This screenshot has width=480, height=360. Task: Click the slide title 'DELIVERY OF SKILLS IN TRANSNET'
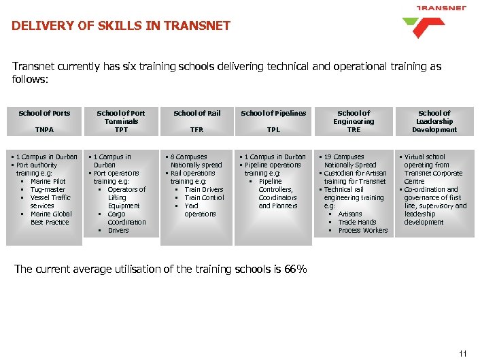[121, 27]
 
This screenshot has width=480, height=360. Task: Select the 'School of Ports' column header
[44, 113]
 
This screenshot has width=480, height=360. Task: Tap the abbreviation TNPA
[44, 129]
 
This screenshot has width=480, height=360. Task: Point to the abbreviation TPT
[120, 129]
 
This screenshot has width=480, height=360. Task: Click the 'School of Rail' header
[197, 113]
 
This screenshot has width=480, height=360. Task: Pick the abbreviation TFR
[197, 129]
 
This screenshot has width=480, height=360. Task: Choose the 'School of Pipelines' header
[273, 113]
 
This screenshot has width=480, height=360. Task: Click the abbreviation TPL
[273, 129]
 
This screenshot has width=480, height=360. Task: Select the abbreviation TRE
[354, 129]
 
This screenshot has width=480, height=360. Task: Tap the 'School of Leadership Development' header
[434, 121]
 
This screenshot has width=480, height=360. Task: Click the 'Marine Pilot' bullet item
[48, 181]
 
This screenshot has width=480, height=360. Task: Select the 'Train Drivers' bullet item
[203, 189]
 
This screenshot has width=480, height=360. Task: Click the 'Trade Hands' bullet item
[357, 222]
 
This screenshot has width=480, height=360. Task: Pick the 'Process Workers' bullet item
[362, 230]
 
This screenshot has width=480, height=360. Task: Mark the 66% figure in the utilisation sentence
[294, 269]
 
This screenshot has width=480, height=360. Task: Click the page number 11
[464, 353]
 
